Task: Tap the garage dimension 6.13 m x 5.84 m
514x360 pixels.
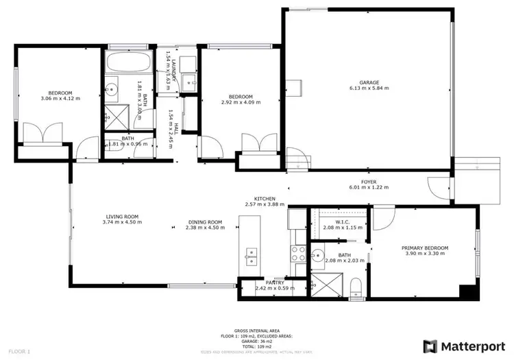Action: [x=369, y=88]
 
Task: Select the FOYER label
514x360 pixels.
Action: [x=368, y=182]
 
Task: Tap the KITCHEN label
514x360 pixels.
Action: [x=265, y=197]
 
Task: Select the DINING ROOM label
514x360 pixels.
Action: [x=206, y=221]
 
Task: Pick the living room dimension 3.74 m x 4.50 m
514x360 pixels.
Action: [x=122, y=222]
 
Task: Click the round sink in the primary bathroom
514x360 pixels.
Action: [x=317, y=258]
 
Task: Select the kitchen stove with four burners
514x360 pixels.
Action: [x=299, y=255]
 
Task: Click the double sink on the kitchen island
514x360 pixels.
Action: [x=251, y=256]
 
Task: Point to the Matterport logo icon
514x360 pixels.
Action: [x=430, y=345]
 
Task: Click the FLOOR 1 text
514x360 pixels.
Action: [x=19, y=352]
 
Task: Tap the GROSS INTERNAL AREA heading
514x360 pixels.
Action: [x=257, y=330]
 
